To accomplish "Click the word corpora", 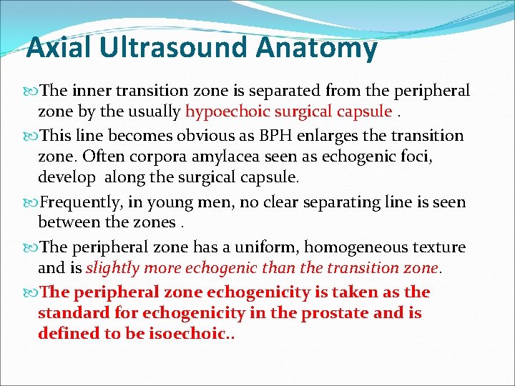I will coord(177,157).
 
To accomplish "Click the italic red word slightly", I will coord(109,268).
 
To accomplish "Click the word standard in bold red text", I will coord(71,313).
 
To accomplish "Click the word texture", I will coord(437,247).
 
